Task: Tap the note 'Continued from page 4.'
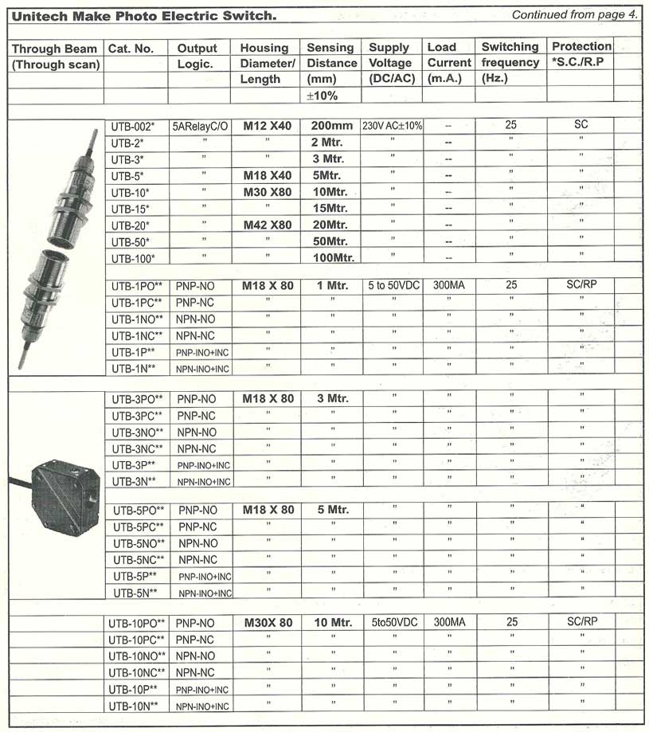tap(574, 14)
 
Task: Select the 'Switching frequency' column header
tap(510, 62)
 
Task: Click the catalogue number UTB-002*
tap(132, 126)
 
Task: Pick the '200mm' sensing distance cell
tap(331, 126)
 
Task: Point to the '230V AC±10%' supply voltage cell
tap(392, 126)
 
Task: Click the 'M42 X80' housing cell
tap(267, 225)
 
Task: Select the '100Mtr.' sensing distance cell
tap(333, 257)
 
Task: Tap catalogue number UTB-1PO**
tap(136, 285)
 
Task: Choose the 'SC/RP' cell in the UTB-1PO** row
tap(582, 284)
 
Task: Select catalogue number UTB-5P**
tap(135, 576)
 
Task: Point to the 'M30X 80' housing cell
tap(268, 622)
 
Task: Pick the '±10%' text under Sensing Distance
tap(323, 96)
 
